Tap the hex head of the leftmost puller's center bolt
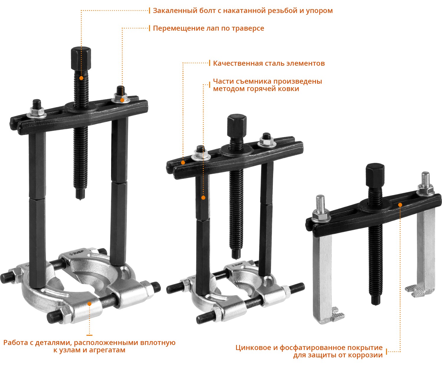[81, 59]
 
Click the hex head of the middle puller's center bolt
[237, 126]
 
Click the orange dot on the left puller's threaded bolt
[81, 78]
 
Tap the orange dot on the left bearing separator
[89, 304]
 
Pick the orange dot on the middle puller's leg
[203, 198]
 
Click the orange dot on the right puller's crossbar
[400, 205]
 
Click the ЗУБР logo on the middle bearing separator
[237, 265]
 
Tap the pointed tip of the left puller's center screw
[80, 199]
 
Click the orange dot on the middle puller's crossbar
[183, 163]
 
